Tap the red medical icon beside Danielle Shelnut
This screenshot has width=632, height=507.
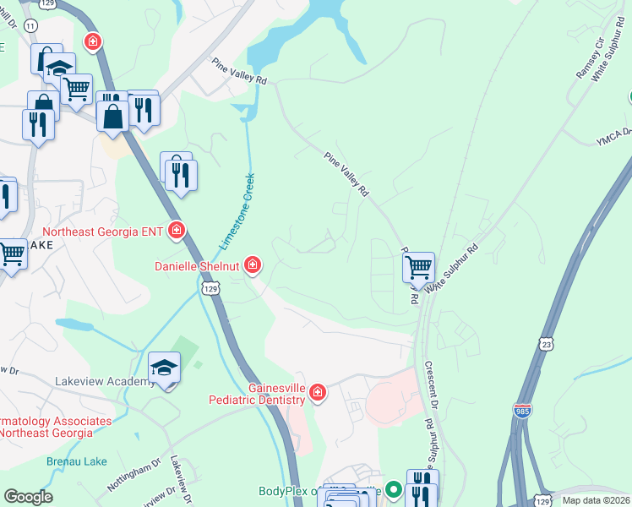[252, 266]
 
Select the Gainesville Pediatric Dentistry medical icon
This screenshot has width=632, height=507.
[317, 392]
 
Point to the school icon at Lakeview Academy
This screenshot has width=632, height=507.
[165, 368]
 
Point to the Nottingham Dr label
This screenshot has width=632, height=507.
[133, 476]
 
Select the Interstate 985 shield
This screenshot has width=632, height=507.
[522, 411]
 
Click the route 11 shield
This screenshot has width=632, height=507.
[30, 26]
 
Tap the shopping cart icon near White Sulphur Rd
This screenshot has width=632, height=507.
[418, 269]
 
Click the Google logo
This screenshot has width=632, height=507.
[28, 497]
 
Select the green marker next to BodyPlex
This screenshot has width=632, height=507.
[392, 488]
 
